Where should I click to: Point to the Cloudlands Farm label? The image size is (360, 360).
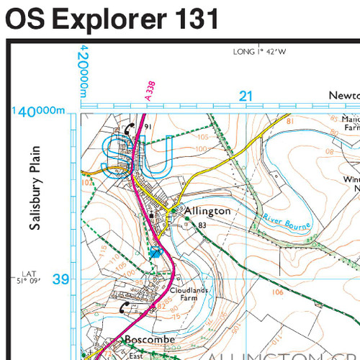coord(188,294)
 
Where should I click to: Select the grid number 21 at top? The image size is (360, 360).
coord(246,96)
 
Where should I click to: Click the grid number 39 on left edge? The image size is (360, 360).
coord(61,279)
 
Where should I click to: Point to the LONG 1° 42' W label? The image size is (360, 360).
coord(260,52)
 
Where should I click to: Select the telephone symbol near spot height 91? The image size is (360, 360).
coord(129,128)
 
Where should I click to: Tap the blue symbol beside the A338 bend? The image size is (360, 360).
coord(155,252)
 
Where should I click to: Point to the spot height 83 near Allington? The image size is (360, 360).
coord(202,225)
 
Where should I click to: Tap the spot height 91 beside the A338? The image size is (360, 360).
coord(148,127)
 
